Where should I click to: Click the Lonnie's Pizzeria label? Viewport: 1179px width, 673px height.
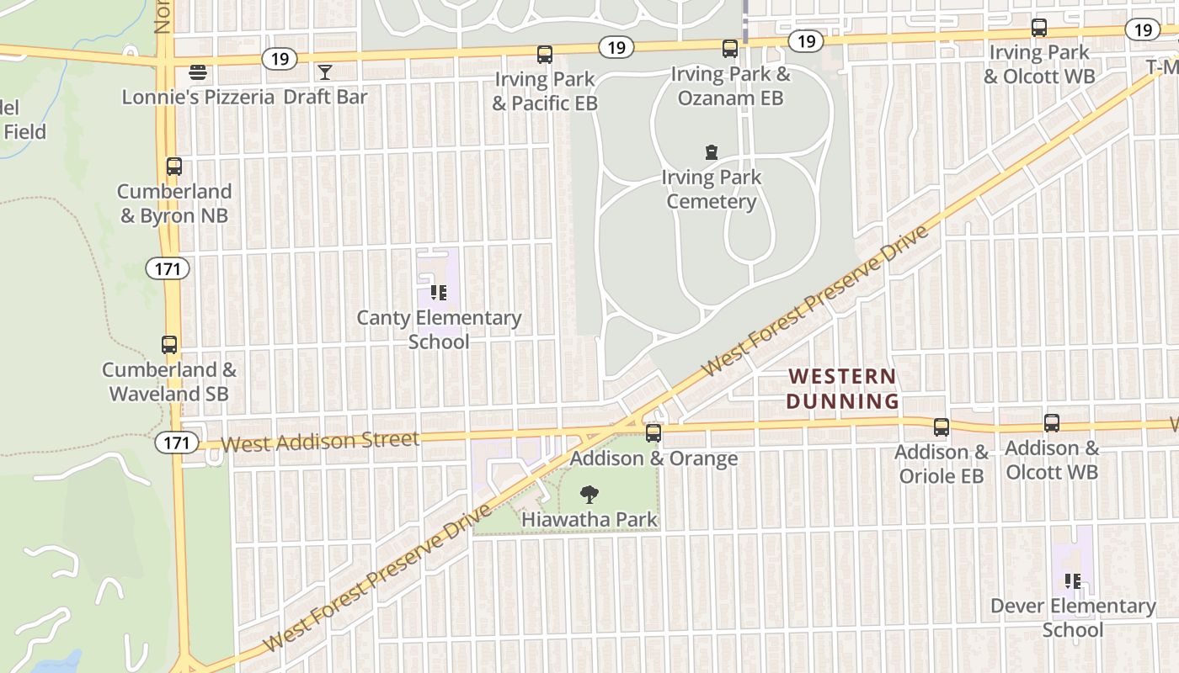point(198,97)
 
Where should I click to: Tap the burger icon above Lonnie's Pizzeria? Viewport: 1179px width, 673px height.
point(198,72)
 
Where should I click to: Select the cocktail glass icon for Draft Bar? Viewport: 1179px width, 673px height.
point(325,72)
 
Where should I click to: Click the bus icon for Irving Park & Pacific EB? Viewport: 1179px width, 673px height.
point(545,55)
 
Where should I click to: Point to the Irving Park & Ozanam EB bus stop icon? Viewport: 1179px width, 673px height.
point(730,49)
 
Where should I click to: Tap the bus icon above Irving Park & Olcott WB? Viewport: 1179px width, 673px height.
point(1039,28)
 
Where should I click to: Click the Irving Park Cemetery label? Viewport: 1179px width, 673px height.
point(712,189)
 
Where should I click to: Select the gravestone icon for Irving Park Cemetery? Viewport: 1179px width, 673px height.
point(712,152)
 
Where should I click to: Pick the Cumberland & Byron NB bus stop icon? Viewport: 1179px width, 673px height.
point(174,167)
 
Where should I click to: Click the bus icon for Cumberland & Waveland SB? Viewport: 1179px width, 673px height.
point(169,345)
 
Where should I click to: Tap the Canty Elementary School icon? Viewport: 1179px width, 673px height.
point(439,293)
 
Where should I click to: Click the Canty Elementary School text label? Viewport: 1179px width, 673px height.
point(439,330)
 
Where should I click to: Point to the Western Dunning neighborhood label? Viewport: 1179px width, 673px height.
point(842,389)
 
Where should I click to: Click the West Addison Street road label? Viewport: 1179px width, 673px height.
point(320,442)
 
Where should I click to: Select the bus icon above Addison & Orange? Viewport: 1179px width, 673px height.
point(654,433)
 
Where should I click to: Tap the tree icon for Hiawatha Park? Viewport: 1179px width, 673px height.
point(589,495)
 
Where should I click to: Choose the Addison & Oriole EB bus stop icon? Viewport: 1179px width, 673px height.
point(942,427)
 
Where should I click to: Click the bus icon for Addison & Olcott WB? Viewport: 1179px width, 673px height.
point(1052,423)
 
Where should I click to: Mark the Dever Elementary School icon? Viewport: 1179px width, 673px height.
point(1073,580)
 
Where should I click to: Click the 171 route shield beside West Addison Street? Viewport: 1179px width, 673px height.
point(177,442)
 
